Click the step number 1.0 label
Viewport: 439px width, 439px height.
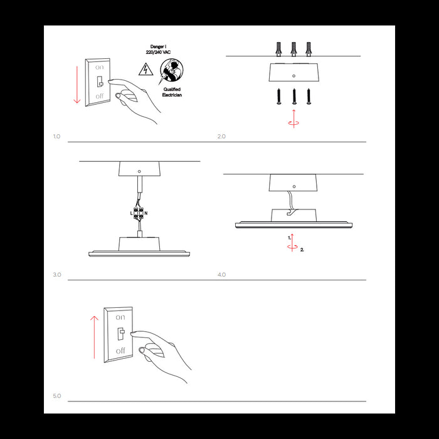56,136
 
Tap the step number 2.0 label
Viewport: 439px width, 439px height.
221,136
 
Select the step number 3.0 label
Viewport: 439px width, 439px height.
57,275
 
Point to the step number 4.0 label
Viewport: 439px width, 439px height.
221,275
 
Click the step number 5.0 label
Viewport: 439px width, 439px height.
57,396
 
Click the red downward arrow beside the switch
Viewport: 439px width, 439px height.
77,83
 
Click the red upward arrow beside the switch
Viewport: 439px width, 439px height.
94,337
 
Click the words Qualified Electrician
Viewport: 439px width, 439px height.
172,93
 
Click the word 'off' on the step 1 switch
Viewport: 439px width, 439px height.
100,96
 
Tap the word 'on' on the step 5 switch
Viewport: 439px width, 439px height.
120,319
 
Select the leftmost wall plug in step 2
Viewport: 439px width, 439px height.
279,49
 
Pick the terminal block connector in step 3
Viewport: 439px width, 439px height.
139,214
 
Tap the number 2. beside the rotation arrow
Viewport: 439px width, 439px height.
302,250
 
